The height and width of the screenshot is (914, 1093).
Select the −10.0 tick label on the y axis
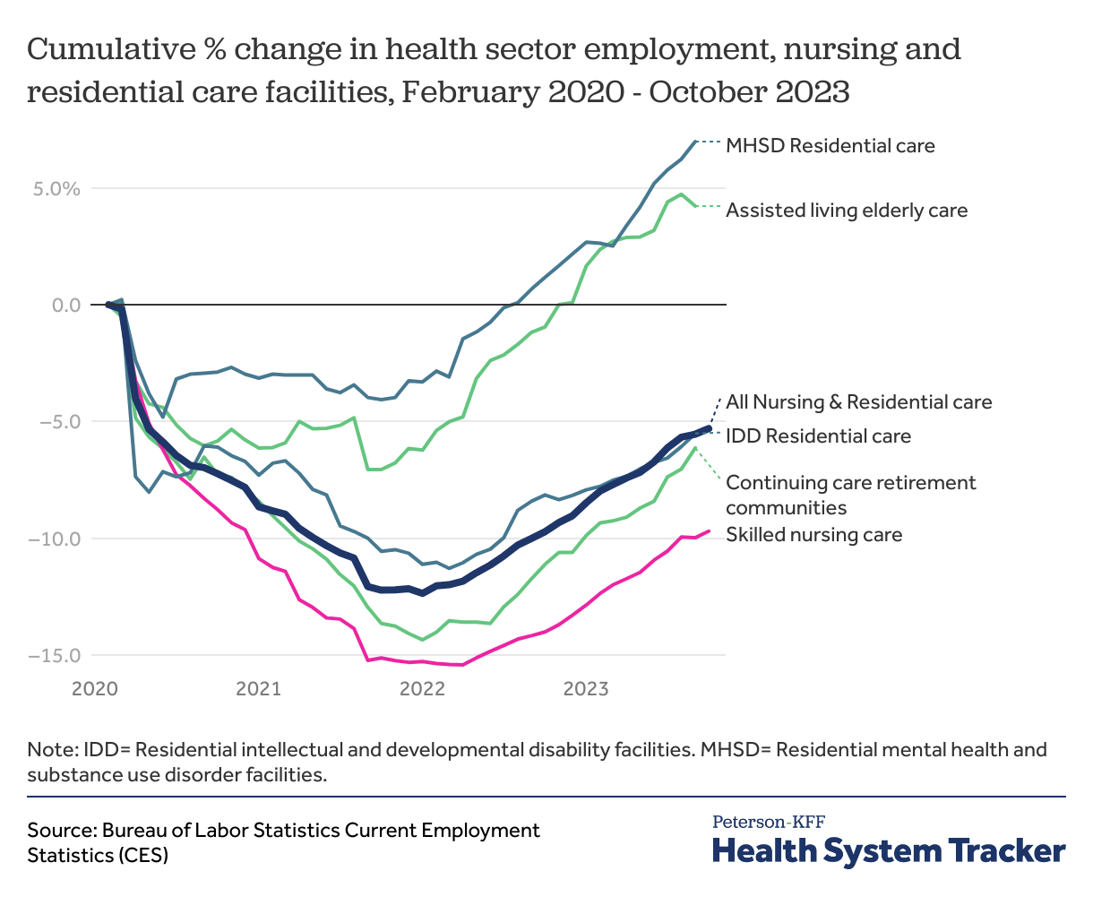pos(54,539)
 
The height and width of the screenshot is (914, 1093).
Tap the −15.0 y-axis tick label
pos(54,655)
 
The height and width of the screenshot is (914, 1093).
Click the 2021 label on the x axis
pos(258,689)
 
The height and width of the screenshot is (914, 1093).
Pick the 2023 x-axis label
pos(586,689)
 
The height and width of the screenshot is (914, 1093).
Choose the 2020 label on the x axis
pos(95,689)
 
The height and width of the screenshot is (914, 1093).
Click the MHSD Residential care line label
pos(830,145)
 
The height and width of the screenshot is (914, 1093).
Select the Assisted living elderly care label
pos(847,211)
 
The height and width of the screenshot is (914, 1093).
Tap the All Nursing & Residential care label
pos(858,401)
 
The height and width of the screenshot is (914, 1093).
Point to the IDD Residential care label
pos(818,436)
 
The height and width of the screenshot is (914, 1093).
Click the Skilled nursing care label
pos(813,535)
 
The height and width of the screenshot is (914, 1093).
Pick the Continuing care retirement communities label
pos(850,495)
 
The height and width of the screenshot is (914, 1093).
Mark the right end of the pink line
pos(709,531)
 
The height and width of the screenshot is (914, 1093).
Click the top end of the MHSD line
pos(695,142)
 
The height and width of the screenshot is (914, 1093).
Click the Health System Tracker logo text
pos(888,849)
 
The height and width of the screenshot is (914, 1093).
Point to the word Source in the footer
pos(60,830)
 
